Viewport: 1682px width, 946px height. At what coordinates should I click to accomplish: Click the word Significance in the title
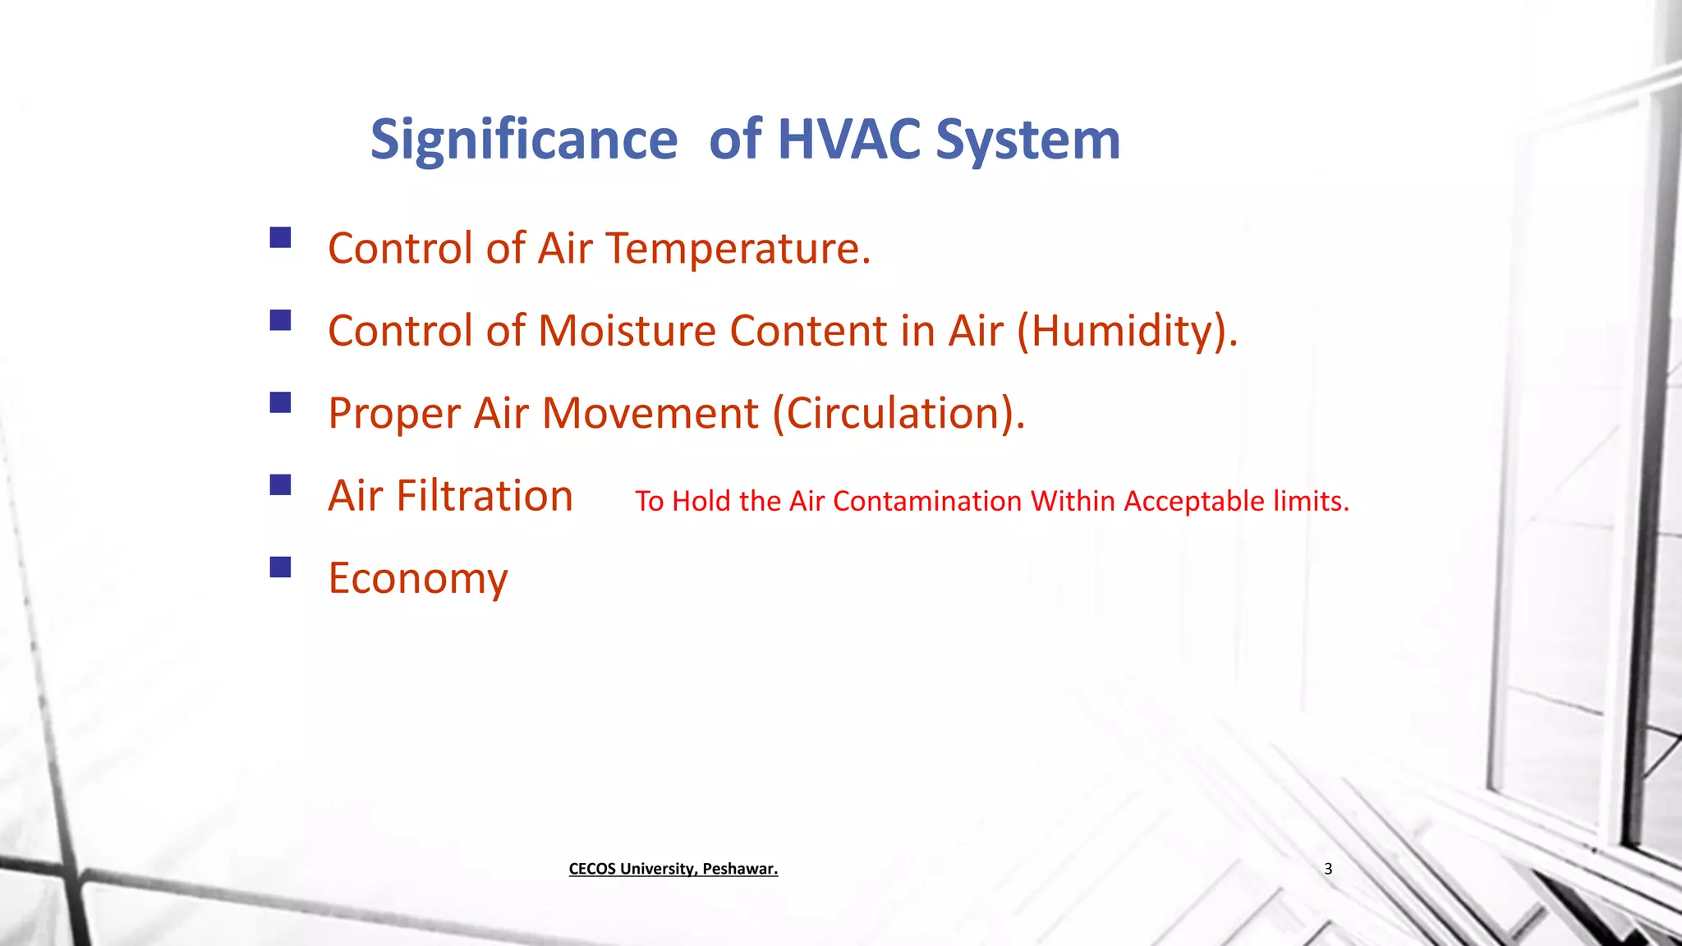(524, 140)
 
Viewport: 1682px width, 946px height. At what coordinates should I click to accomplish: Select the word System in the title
(1027, 140)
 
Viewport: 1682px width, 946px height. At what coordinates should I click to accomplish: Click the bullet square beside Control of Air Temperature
(280, 238)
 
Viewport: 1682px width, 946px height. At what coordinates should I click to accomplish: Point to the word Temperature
(738, 248)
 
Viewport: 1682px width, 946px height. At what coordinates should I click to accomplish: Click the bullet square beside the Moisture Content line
(280, 320)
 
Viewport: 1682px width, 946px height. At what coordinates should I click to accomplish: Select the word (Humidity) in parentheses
(1127, 331)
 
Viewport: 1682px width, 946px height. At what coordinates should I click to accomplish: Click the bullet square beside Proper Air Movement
(280, 402)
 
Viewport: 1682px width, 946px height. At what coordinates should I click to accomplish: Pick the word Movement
(650, 412)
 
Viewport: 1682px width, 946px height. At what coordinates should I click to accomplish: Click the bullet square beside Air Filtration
(280, 484)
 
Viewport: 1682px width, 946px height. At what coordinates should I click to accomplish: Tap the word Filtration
(485, 495)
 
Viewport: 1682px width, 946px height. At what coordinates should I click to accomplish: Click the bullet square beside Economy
(280, 567)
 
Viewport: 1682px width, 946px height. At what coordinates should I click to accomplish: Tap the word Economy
(418, 579)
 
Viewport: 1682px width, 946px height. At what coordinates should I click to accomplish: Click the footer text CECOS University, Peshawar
(673, 869)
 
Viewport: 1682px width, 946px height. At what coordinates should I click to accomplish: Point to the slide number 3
(1328, 869)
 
